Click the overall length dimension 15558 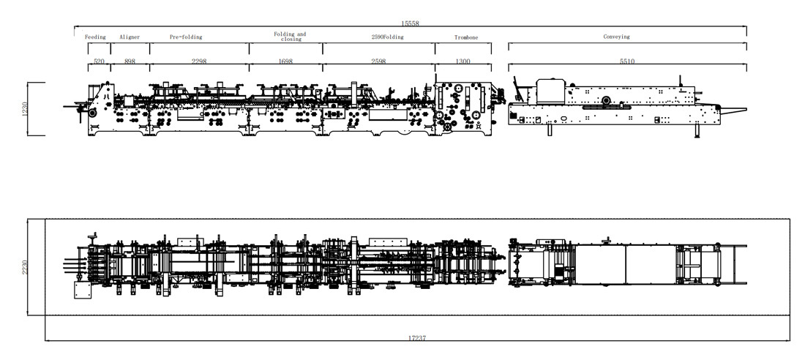pos(411,23)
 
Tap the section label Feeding pos(95,37)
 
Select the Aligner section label pos(130,37)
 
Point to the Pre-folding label pos(186,37)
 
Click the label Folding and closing pos(290,37)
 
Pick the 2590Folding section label pos(388,37)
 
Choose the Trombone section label pos(466,37)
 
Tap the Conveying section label pos(616,37)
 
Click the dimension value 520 pos(99,61)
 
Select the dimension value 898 pos(130,61)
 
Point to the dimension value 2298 pos(199,61)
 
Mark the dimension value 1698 pos(285,61)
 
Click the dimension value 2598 pos(378,61)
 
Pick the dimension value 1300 pos(463,61)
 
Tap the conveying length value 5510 pos(627,61)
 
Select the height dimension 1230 pos(25,109)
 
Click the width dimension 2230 pos(25,267)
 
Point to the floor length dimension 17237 pos(417,338)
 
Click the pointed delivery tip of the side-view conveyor pos(746,109)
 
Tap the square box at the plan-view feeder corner pos(82,290)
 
